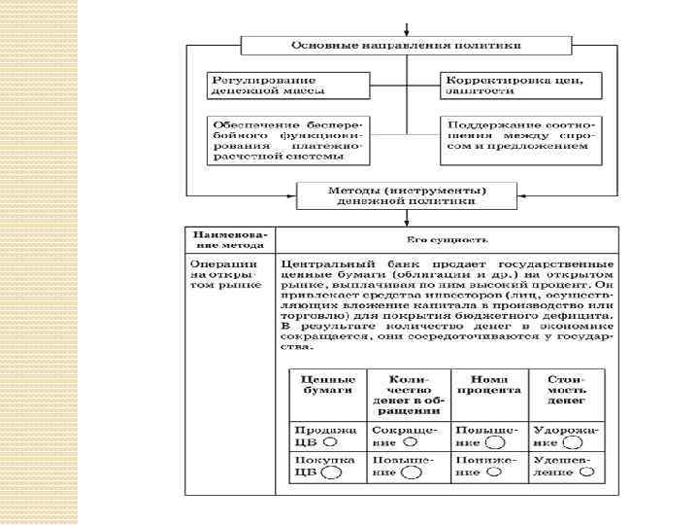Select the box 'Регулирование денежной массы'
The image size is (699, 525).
tap(266, 83)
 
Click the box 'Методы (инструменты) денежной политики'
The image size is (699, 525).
tap(406, 195)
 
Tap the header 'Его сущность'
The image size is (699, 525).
tap(447, 239)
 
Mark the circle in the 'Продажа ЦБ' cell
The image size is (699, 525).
tap(331, 439)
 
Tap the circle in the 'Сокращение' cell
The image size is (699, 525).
tap(411, 439)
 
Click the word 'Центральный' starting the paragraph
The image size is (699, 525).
tap(321, 264)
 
